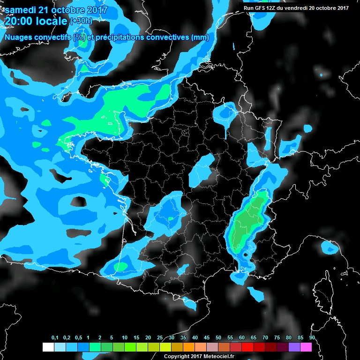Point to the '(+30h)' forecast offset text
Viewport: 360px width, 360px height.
(x=82, y=21)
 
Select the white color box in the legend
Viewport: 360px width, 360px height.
(x=48, y=347)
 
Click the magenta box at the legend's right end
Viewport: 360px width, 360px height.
(x=306, y=347)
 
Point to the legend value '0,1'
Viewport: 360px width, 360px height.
(x=54, y=337)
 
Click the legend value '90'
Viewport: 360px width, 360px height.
(x=312, y=337)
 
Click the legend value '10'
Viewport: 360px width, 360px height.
(x=124, y=337)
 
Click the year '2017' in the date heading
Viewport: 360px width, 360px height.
(x=94, y=10)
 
